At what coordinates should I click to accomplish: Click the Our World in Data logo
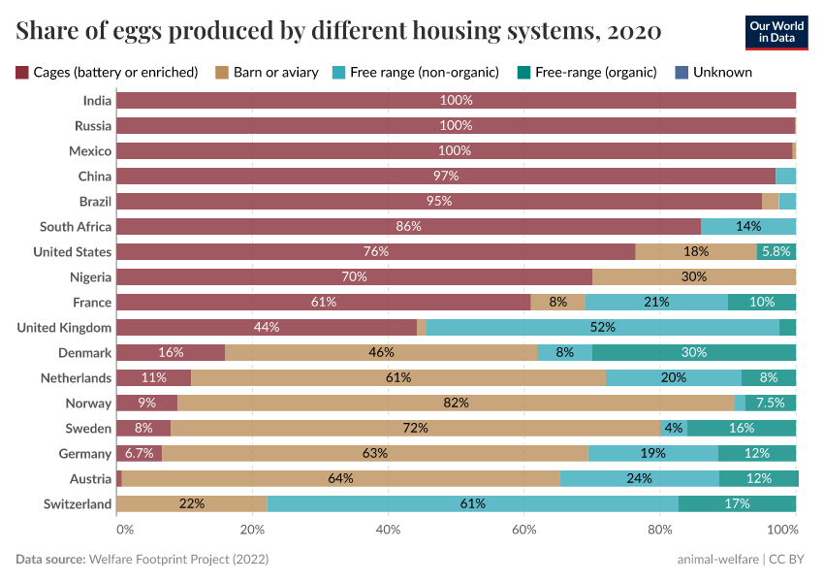(x=776, y=32)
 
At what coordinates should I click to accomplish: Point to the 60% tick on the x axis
(x=523, y=530)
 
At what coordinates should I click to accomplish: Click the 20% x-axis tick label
(x=252, y=530)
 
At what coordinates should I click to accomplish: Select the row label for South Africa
(x=76, y=227)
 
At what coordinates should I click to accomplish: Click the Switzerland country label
(x=78, y=504)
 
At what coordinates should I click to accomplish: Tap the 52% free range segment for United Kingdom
(x=602, y=328)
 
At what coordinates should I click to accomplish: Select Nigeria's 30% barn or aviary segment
(x=694, y=277)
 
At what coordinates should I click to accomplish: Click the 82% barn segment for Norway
(x=456, y=404)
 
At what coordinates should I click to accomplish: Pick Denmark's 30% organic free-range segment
(x=694, y=353)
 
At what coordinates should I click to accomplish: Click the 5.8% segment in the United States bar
(x=776, y=252)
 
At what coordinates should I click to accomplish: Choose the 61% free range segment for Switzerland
(x=472, y=504)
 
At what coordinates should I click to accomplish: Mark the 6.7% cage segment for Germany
(x=139, y=454)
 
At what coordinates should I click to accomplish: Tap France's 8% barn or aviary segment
(x=557, y=303)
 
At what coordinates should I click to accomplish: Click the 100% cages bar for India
(x=456, y=101)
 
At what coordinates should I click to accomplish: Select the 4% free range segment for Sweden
(x=674, y=429)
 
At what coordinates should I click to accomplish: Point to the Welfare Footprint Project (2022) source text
(x=178, y=560)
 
